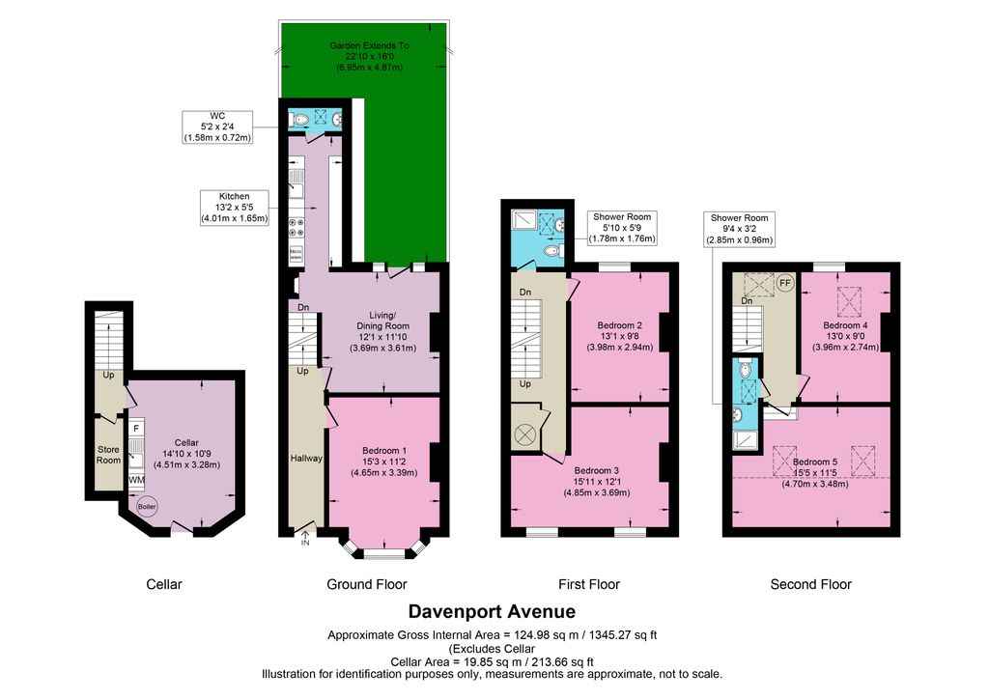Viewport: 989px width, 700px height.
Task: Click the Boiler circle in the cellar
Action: click(148, 506)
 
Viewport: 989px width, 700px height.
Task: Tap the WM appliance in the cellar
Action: click(136, 480)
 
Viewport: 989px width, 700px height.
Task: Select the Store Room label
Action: click(107, 454)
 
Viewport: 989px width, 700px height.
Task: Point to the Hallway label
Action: click(306, 458)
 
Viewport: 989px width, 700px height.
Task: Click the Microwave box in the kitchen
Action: click(296, 255)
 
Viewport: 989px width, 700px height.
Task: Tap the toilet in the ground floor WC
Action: click(299, 120)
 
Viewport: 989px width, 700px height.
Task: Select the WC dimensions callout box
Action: click(217, 126)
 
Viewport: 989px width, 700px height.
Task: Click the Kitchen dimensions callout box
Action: click(235, 208)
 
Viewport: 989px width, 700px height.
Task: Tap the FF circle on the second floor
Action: click(784, 284)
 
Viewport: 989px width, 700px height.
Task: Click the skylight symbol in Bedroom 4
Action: click(849, 301)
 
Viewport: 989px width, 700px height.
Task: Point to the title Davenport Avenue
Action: click(492, 611)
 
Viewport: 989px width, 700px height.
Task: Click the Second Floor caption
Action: click(810, 584)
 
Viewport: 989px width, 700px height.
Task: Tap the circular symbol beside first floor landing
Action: click(526, 434)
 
